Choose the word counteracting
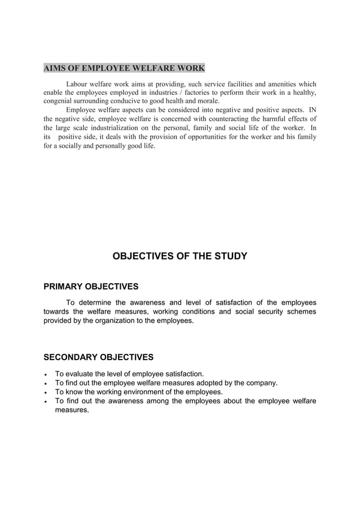pyautogui.click(x=236, y=119)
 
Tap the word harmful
pyautogui.click(x=281, y=119)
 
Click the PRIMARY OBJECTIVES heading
pyautogui.click(x=91, y=286)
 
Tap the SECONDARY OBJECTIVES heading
pyautogui.click(x=98, y=357)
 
